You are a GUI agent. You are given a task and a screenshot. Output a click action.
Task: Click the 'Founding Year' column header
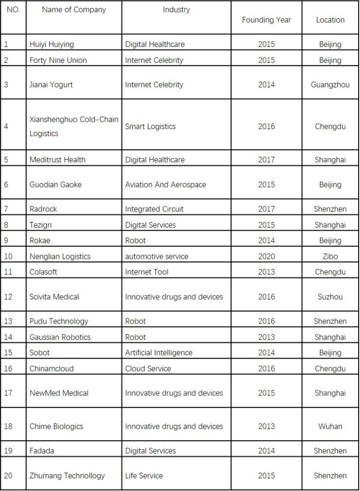[266, 20]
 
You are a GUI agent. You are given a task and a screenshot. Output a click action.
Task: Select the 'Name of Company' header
[74, 10]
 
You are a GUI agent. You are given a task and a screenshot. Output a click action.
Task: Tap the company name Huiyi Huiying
[52, 44]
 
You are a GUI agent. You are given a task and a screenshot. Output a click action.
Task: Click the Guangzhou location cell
[330, 85]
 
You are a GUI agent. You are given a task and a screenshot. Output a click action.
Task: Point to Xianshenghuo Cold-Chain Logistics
[74, 127]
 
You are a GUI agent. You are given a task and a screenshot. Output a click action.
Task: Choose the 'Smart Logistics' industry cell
[151, 127]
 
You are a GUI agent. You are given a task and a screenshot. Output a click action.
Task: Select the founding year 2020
[266, 257]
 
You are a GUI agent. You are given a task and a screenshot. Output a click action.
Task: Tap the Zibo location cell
[330, 257]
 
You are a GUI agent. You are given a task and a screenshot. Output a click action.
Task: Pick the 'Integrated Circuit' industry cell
[154, 209]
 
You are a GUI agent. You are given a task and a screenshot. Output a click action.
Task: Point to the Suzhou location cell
[330, 297]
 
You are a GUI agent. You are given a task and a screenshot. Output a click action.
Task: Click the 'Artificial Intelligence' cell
[159, 352]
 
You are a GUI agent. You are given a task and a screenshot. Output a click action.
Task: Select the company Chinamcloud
[52, 368]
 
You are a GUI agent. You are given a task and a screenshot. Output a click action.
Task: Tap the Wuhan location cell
[330, 426]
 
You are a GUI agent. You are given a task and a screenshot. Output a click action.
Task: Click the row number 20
[8, 476]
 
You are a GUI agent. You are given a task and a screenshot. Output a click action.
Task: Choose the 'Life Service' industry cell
[144, 476]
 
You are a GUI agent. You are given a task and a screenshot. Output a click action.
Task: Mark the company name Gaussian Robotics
[60, 337]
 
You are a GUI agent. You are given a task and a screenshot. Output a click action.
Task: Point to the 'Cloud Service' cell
[148, 368]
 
